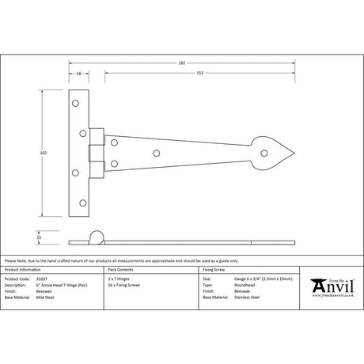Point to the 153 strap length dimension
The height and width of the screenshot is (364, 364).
point(200,74)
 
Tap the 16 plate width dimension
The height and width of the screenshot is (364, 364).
point(79,74)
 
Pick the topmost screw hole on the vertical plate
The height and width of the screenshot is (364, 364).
point(75,102)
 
